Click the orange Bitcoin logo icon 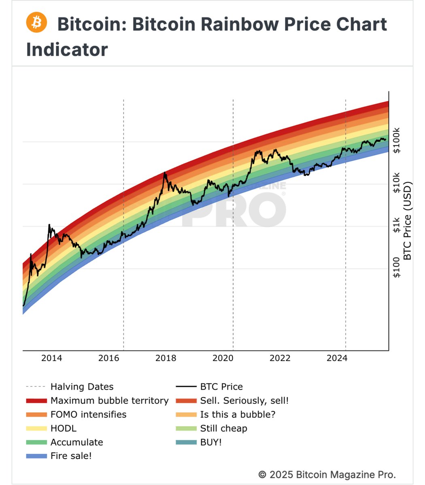[36, 23]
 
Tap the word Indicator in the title [67, 50]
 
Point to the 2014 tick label [51, 358]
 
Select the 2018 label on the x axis [166, 358]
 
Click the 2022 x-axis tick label [280, 358]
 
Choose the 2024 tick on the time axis [337, 358]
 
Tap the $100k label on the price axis [397, 141]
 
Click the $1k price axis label [397, 226]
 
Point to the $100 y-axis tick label [397, 267]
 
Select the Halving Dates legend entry [82, 387]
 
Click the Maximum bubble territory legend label [109, 401]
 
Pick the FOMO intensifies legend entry [88, 414]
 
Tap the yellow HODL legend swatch [36, 428]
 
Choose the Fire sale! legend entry [71, 456]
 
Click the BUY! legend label [211, 442]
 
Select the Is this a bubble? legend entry [238, 414]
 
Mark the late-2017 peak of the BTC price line [165, 173]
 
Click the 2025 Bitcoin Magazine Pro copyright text [327, 474]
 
